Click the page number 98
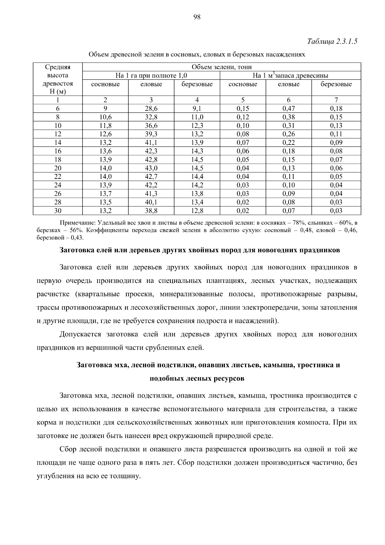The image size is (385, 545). coord(197,17)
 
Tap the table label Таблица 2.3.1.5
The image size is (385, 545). coord(332,42)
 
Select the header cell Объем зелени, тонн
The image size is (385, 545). coord(221,67)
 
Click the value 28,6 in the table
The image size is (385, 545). coord(151,109)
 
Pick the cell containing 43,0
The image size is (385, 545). coord(151,168)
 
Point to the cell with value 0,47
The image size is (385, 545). coord(288,109)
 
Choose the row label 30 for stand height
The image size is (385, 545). coord(58,211)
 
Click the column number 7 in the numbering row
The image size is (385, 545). coord(336,100)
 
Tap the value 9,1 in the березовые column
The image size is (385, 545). coord(197,109)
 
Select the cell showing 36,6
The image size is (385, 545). coord(151,126)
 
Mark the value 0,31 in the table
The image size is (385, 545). coord(288,126)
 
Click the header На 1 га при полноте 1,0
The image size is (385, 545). coord(151,76)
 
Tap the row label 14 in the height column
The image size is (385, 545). coord(58,143)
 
